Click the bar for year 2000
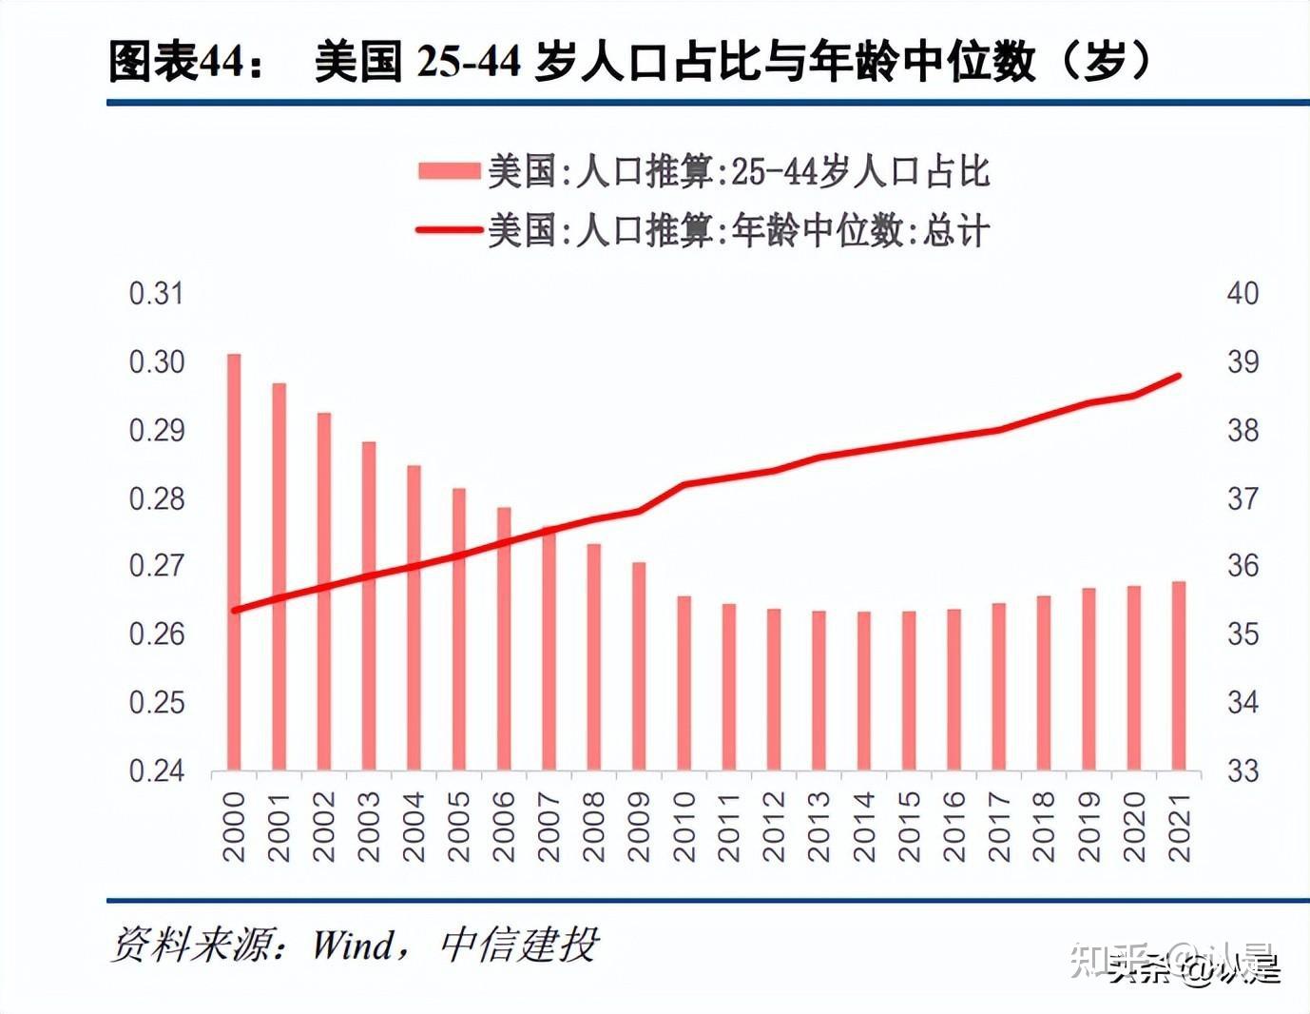click(233, 561)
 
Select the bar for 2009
click(639, 666)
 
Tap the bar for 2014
click(864, 691)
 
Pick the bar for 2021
click(1179, 675)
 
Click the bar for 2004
click(414, 617)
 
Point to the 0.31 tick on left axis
click(156, 294)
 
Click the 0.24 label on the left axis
click(156, 770)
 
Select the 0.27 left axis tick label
click(156, 566)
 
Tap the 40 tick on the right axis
click(1243, 294)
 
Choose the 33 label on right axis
click(1243, 770)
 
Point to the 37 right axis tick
click(1243, 498)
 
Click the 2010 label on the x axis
click(684, 827)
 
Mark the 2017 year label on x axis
click(999, 827)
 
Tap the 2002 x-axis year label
click(324, 827)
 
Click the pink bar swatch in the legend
click(449, 171)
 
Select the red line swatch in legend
click(449, 230)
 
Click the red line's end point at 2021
click(1179, 376)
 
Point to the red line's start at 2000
click(234, 610)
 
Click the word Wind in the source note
click(354, 945)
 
